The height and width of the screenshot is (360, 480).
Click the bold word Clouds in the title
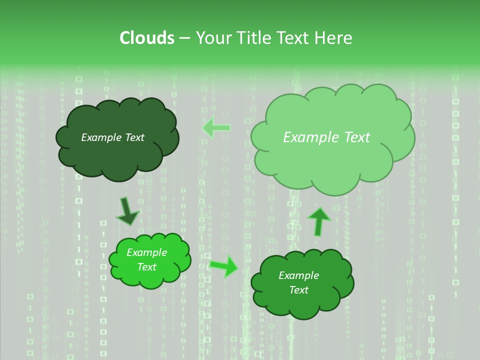tap(146, 38)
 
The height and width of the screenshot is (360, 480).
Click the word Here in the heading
tap(333, 38)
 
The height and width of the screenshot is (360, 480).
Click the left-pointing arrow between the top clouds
tap(216, 128)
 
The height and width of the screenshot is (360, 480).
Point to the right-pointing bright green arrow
tap(224, 266)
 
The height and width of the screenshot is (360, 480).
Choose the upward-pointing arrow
tap(318, 221)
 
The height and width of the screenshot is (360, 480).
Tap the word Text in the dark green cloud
tap(134, 137)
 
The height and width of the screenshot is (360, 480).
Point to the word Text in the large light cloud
tap(356, 137)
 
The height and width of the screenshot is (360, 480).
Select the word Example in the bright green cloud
tap(146, 253)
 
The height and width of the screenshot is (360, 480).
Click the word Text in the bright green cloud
tap(146, 267)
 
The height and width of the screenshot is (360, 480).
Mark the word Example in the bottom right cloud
tap(298, 275)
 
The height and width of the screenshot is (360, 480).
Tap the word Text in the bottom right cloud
tap(298, 290)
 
